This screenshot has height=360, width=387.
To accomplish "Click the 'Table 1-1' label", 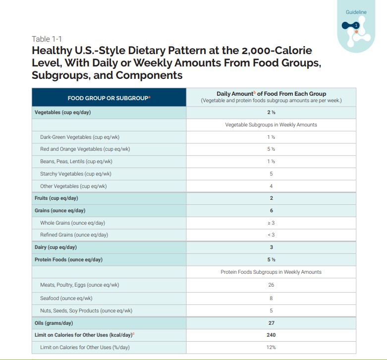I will (x=47, y=39).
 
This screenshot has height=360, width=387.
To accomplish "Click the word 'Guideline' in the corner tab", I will (x=356, y=12).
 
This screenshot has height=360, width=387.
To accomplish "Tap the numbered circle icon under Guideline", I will (x=356, y=25).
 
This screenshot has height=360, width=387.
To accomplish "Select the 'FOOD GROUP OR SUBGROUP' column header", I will (x=109, y=98).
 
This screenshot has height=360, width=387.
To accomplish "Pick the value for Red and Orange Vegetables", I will (x=271, y=149).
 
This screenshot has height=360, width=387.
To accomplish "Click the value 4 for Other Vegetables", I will (x=271, y=186).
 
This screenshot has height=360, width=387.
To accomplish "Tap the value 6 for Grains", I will (x=271, y=211).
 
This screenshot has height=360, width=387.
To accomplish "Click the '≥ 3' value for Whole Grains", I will (x=271, y=223).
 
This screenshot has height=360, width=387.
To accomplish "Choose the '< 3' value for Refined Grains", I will (x=271, y=235).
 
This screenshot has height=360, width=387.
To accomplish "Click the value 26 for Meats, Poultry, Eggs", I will (x=271, y=285).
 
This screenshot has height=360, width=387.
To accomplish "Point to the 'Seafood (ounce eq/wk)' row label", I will (x=66, y=299).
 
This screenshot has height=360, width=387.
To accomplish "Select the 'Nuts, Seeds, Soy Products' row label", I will (x=86, y=311).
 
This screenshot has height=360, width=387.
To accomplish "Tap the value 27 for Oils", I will (x=271, y=323).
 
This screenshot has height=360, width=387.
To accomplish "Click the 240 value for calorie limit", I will (x=271, y=335).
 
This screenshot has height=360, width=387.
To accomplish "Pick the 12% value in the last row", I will (x=271, y=348).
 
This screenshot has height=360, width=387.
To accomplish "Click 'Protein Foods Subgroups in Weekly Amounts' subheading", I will (x=271, y=272).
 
